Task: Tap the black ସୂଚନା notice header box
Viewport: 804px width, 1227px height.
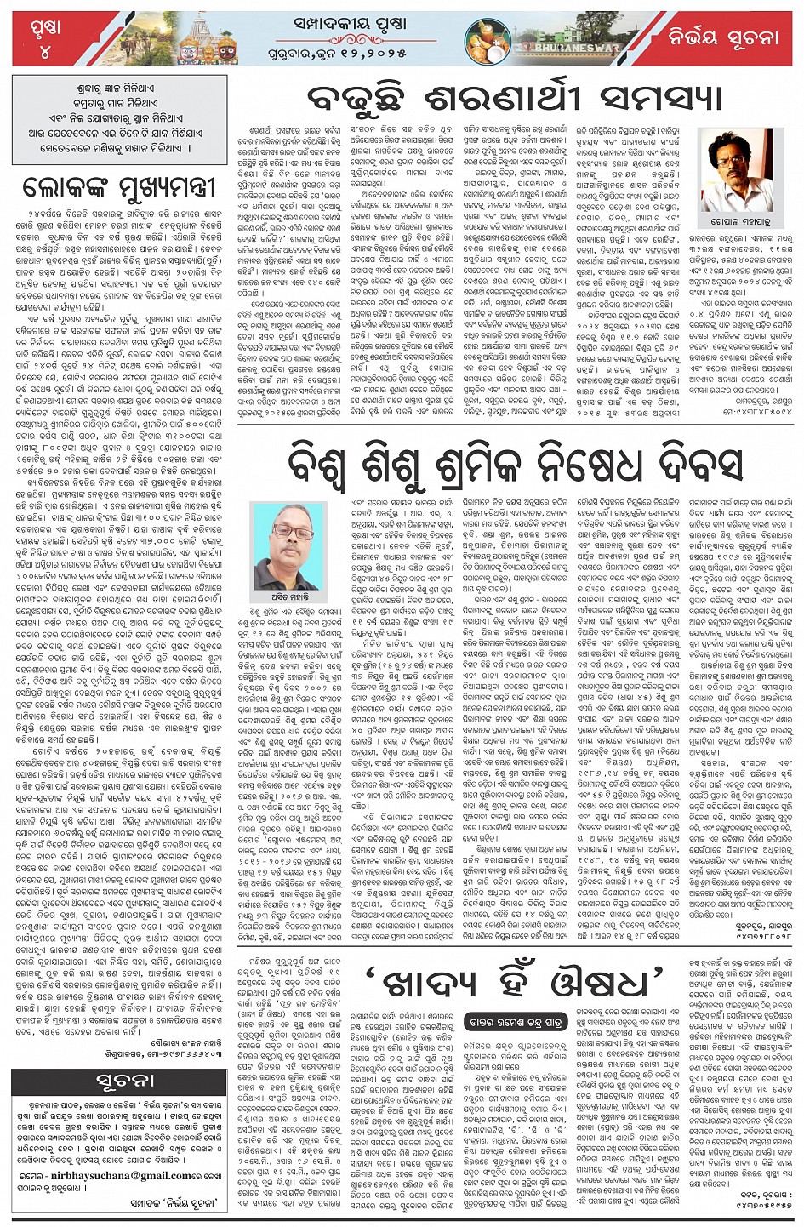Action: pos(120,1081)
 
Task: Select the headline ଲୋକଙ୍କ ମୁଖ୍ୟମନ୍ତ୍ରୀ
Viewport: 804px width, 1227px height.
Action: pos(120,185)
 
